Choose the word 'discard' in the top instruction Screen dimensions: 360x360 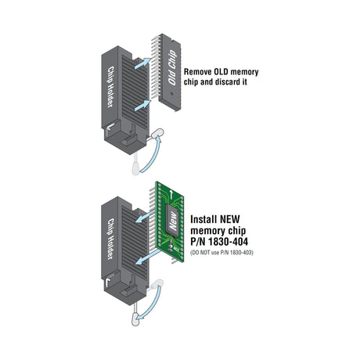tap(221, 82)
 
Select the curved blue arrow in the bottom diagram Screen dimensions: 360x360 tap(159, 298)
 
